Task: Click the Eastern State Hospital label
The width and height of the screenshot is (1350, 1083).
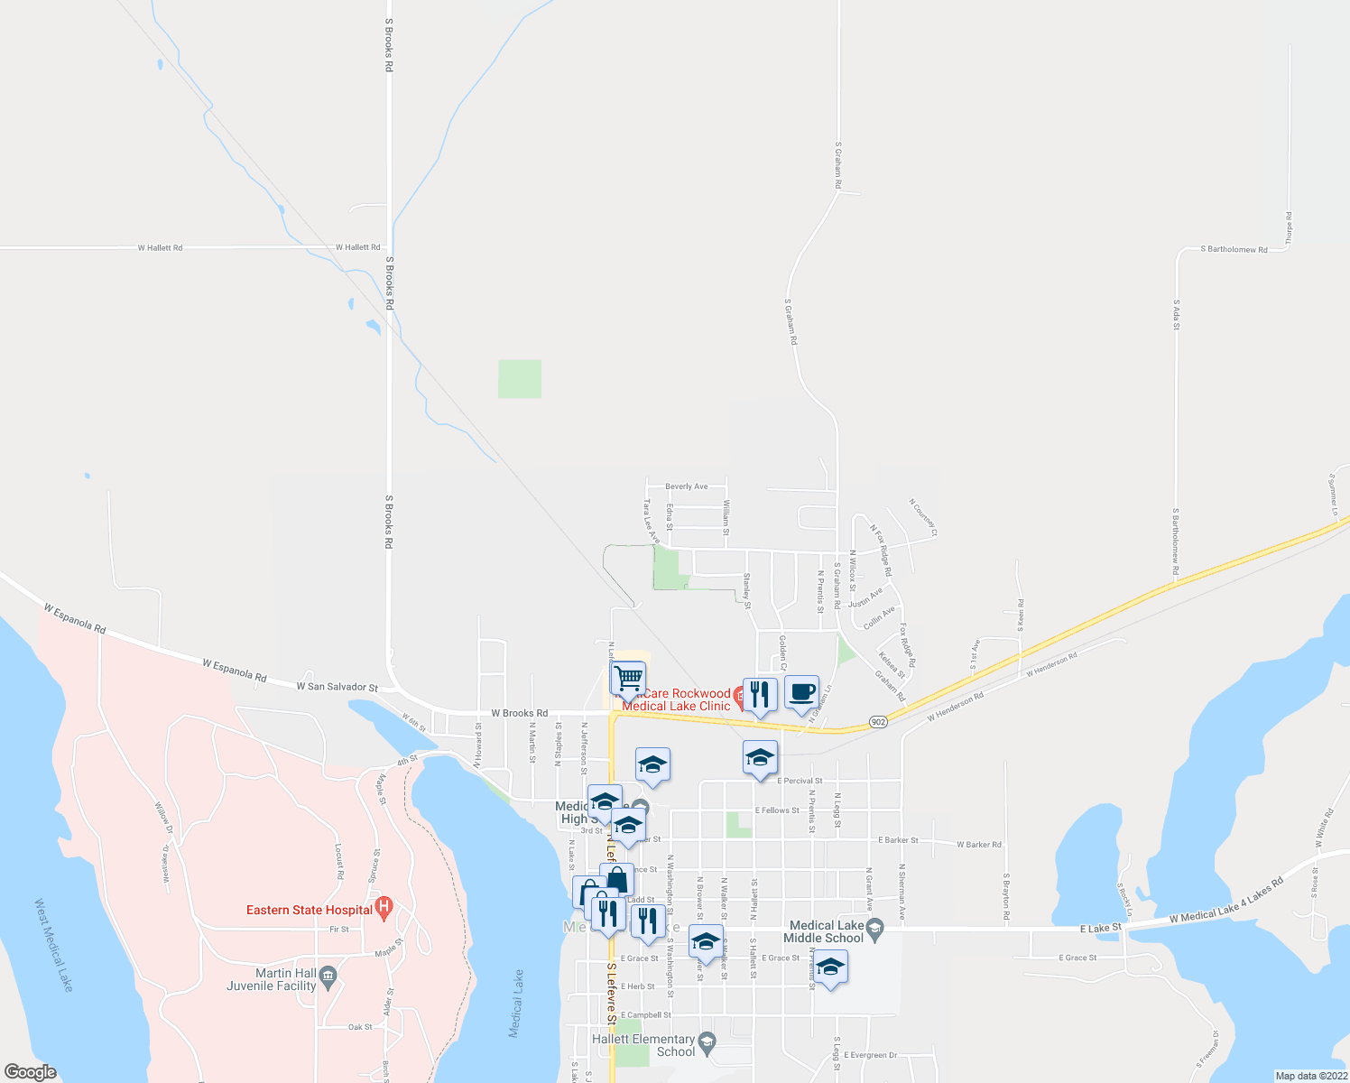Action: pos(310,910)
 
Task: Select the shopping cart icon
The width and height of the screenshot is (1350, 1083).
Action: pos(628,677)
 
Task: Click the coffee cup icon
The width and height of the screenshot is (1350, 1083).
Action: pos(801,692)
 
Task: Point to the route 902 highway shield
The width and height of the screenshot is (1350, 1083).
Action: pos(878,721)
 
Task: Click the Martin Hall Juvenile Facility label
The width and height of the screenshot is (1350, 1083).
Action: pos(273,979)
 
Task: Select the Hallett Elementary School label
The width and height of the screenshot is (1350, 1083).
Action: pos(643,1045)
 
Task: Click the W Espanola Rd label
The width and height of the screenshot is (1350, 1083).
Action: pos(235,671)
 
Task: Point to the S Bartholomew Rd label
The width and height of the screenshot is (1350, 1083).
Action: pos(1234,249)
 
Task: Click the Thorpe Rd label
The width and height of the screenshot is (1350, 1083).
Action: pos(1289,228)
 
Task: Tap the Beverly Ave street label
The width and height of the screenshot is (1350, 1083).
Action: pos(687,486)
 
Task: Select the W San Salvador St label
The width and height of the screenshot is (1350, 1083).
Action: pos(337,687)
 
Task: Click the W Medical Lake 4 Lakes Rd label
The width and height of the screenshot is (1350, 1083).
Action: pos(1225,901)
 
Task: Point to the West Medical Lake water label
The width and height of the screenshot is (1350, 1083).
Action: pos(53,944)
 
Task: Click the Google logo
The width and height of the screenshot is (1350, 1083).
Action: pos(30,1072)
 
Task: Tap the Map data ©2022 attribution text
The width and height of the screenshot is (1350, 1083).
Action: pos(1310,1076)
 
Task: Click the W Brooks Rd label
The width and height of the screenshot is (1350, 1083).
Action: pos(519,713)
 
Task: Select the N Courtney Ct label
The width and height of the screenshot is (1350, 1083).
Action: pos(923,518)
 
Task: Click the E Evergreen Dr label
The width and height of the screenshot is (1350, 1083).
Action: pos(870,1055)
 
